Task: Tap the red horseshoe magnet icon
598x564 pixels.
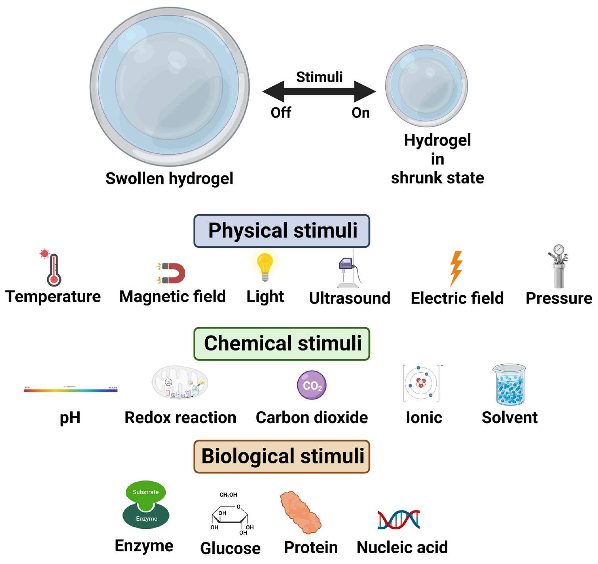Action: [x=174, y=273]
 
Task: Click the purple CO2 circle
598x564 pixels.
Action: [x=312, y=385]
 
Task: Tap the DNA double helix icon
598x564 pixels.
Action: [x=399, y=520]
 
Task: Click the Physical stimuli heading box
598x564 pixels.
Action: [x=282, y=231]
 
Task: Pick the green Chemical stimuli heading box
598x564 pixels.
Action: [x=282, y=344]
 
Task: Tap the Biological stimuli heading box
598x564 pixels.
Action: [x=282, y=456]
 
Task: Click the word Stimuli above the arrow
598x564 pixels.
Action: [x=319, y=77]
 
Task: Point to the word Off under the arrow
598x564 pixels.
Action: [x=281, y=113]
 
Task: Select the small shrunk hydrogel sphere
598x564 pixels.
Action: [x=426, y=86]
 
